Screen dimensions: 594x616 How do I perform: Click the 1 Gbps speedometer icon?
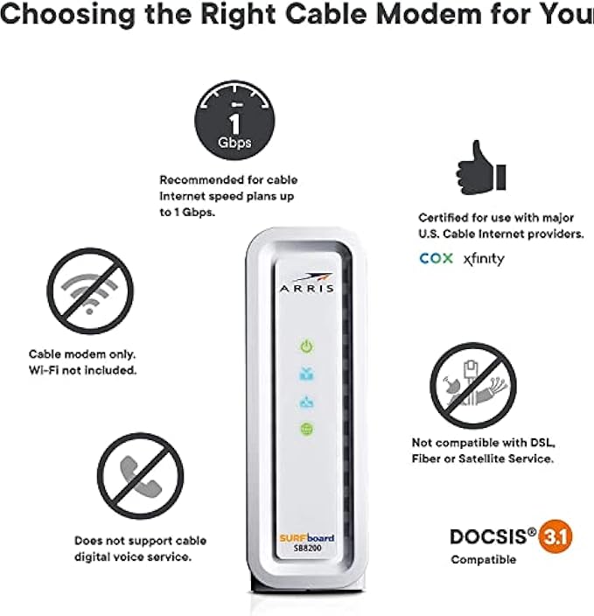(x=234, y=120)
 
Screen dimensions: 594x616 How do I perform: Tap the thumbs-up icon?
(x=481, y=168)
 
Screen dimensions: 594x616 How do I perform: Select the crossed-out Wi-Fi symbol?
(x=90, y=291)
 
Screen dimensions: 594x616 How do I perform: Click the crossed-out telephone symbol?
(x=140, y=476)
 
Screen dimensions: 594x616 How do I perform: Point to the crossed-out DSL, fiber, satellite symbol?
(x=473, y=385)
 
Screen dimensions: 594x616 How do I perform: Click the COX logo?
(x=436, y=258)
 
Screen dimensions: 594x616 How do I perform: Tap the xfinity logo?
(x=484, y=259)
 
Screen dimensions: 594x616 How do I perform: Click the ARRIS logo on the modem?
(x=307, y=283)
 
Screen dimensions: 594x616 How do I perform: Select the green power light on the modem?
(x=307, y=346)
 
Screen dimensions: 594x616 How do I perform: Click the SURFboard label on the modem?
(x=307, y=538)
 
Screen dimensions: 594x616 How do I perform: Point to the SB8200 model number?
(x=307, y=548)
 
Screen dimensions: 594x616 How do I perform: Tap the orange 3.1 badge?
(x=556, y=536)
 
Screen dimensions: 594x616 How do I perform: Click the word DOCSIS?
(x=488, y=537)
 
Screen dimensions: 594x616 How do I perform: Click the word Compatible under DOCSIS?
(x=484, y=560)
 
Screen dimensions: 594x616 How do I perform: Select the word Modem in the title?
(x=429, y=14)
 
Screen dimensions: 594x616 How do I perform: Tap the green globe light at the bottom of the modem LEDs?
(x=307, y=429)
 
